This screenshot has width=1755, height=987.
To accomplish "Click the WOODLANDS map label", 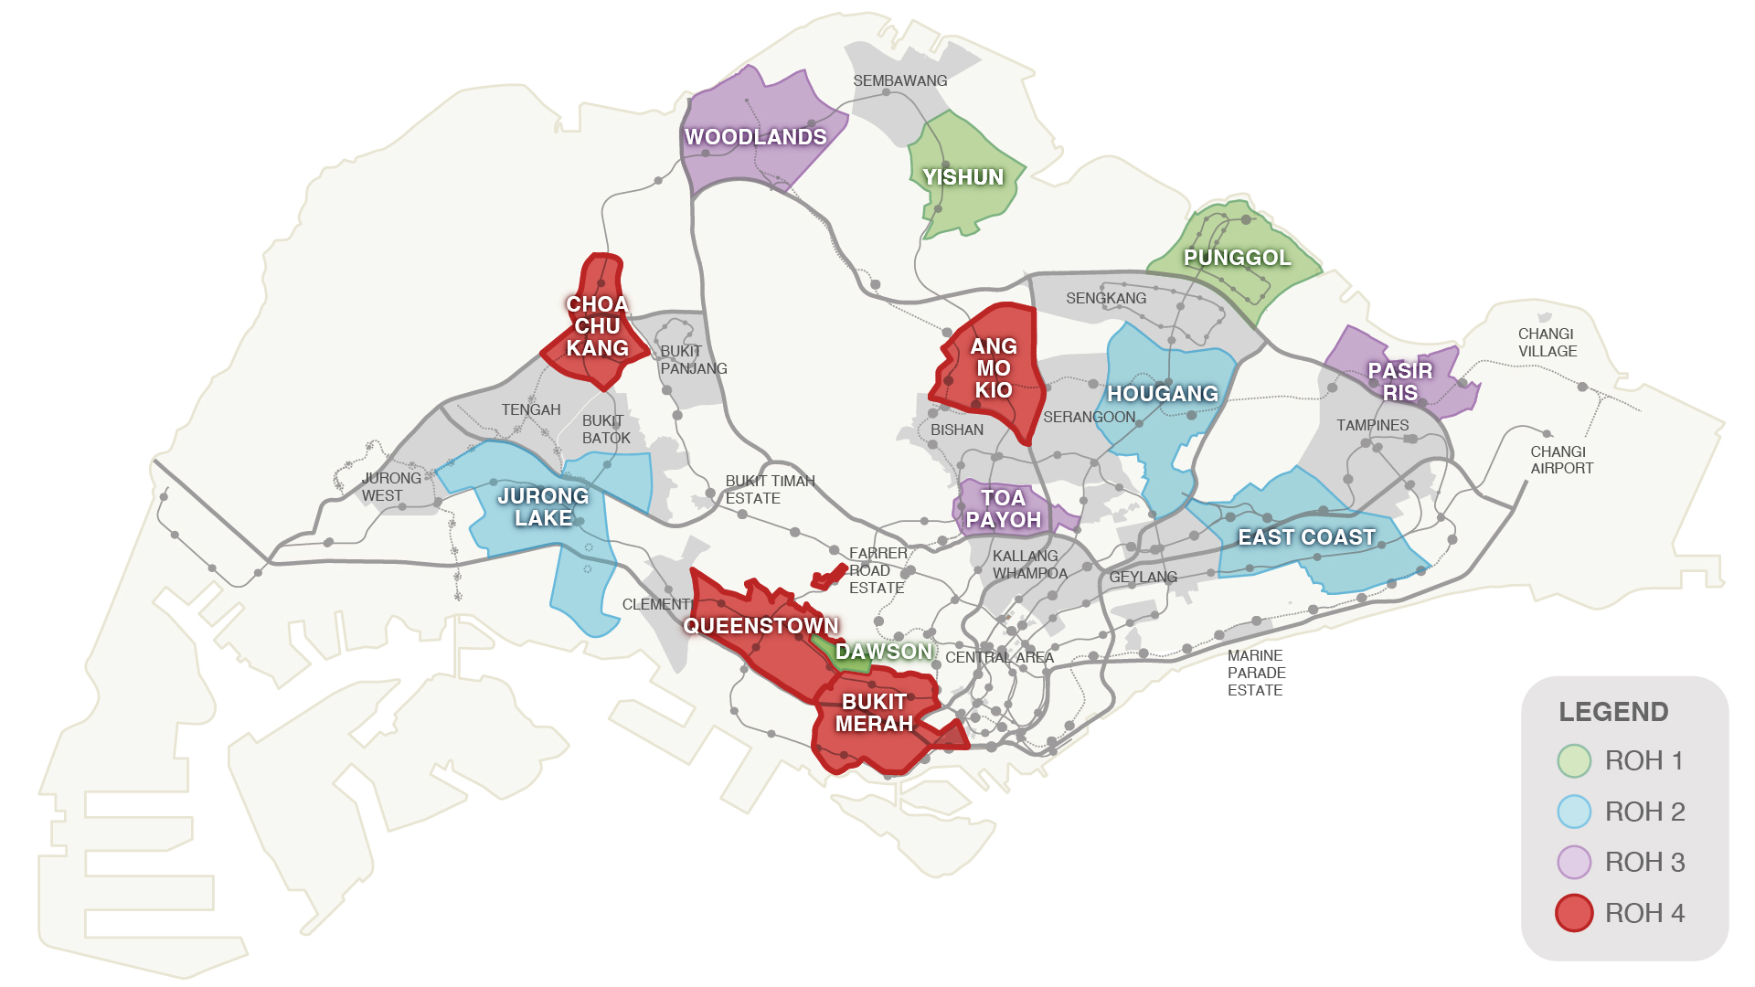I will (x=756, y=137).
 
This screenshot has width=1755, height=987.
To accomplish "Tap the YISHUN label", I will (x=963, y=177).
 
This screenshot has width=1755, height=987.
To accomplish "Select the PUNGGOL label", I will (x=1237, y=258).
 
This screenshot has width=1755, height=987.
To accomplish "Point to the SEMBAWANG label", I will (x=899, y=80).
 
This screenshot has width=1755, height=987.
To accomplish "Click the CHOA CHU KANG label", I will (x=597, y=326).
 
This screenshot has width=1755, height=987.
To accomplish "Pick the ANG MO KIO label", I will (x=994, y=368).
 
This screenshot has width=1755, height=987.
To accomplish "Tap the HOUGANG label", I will (x=1163, y=394).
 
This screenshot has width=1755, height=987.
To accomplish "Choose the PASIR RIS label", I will (x=1400, y=382).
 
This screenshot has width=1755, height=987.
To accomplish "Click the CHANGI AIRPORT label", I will (x=1561, y=460).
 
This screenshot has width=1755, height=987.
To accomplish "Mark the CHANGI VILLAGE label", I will (x=1547, y=343).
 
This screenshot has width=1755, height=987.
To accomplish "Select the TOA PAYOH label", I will (x=1003, y=509).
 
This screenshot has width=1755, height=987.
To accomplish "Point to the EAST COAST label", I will (x=1306, y=537).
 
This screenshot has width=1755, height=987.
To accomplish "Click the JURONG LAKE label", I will (x=543, y=507).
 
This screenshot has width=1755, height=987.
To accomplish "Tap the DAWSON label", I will (x=884, y=652).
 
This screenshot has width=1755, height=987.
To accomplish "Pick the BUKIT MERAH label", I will (x=874, y=713).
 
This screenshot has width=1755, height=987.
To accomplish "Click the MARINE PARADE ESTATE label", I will (x=1256, y=673).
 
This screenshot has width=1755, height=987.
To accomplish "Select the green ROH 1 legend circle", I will (x=1574, y=760).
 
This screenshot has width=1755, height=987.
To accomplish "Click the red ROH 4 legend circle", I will (x=1574, y=913).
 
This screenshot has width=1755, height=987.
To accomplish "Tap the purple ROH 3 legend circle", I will (x=1574, y=862).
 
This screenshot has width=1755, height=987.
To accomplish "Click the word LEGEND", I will (x=1613, y=712).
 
